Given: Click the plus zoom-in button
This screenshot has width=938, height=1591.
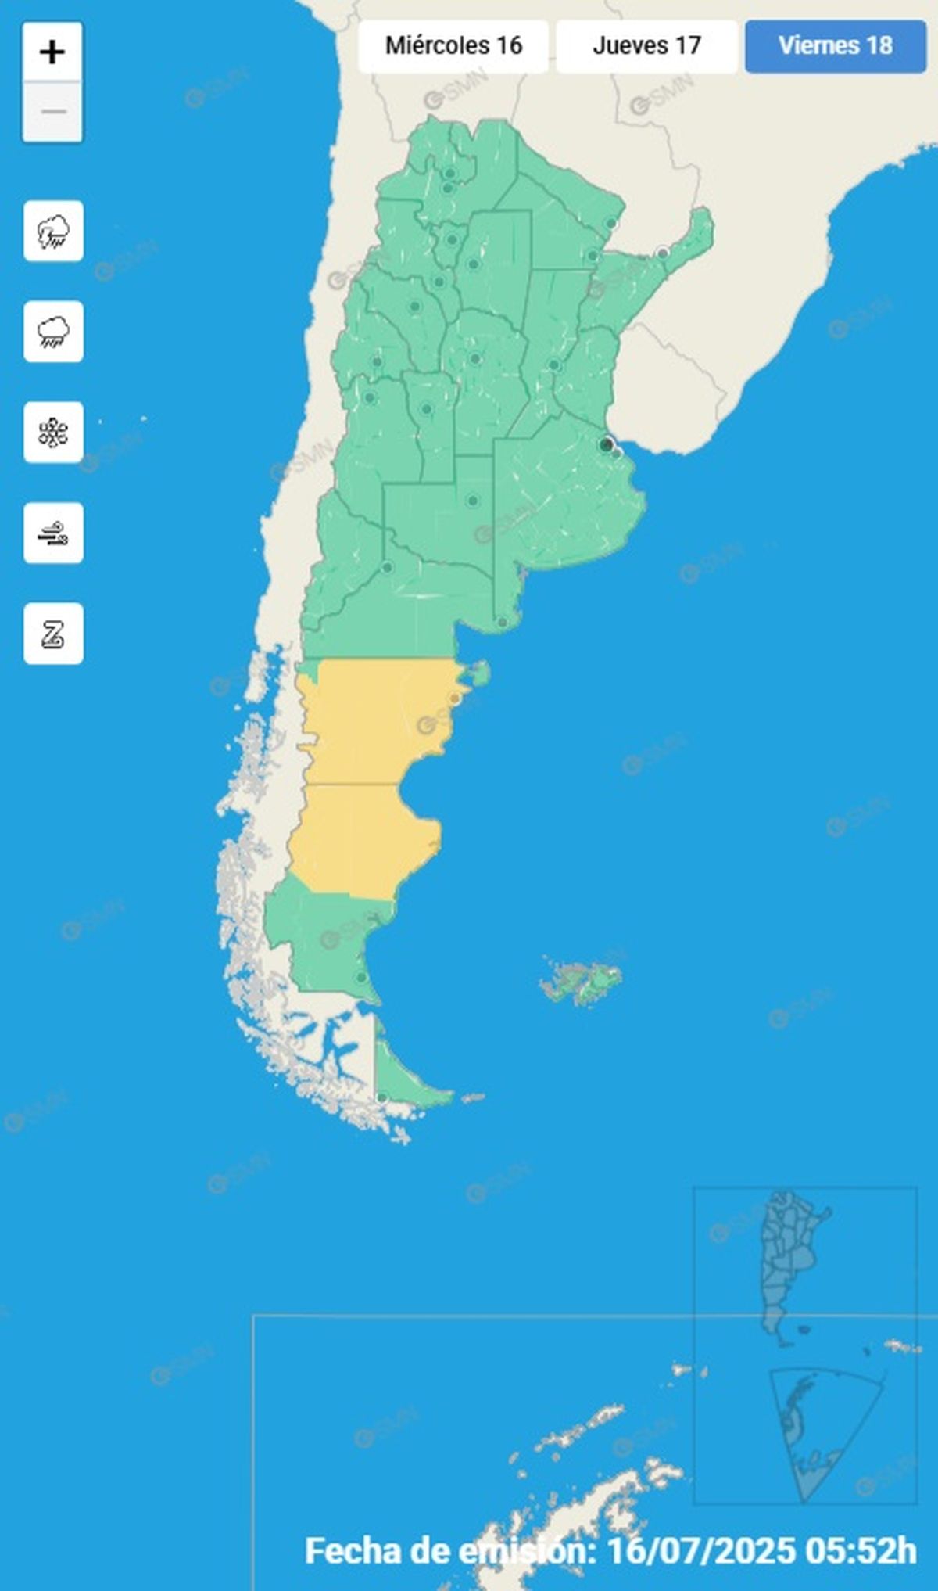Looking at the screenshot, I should pos(52,52).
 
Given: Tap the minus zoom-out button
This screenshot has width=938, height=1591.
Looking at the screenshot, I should pos(52,112).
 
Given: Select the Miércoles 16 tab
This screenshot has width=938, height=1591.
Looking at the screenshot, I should pos(453,45).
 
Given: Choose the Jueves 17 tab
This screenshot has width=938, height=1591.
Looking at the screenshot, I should pos(646,45).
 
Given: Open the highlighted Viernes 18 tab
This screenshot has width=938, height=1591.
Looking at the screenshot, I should pos(835,45).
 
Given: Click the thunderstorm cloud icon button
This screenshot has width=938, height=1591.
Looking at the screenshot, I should pos(53,232).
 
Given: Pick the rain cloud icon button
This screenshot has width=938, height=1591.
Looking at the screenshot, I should pos(53,332).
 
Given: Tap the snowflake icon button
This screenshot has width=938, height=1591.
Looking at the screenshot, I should pos(53,433).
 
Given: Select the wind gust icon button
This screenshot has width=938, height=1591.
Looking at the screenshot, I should pos(53,533).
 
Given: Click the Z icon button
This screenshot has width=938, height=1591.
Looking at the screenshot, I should pos(53,634).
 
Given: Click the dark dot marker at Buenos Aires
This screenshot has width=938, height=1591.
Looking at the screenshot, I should pos(606,444).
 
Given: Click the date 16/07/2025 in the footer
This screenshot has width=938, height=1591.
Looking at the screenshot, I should pos(700,1550).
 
